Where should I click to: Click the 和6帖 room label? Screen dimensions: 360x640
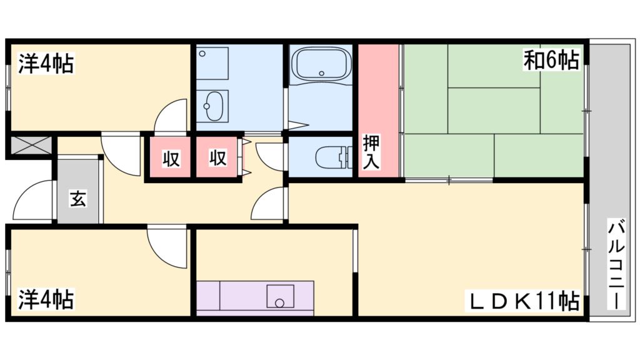click(551, 61)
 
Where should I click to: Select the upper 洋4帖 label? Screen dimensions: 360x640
click(46, 63)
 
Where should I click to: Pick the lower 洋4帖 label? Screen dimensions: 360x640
click(46, 299)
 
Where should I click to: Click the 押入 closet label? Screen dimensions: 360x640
click(371, 151)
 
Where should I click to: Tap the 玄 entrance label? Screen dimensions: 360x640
click(77, 199)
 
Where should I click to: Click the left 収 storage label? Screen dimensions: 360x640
click(171, 159)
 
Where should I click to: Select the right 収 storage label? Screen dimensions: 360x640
click(217, 159)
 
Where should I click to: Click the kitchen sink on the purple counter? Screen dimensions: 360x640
click(280, 296)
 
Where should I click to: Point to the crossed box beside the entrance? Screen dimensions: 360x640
click(30, 147)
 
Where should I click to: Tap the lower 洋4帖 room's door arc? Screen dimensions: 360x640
click(167, 247)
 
